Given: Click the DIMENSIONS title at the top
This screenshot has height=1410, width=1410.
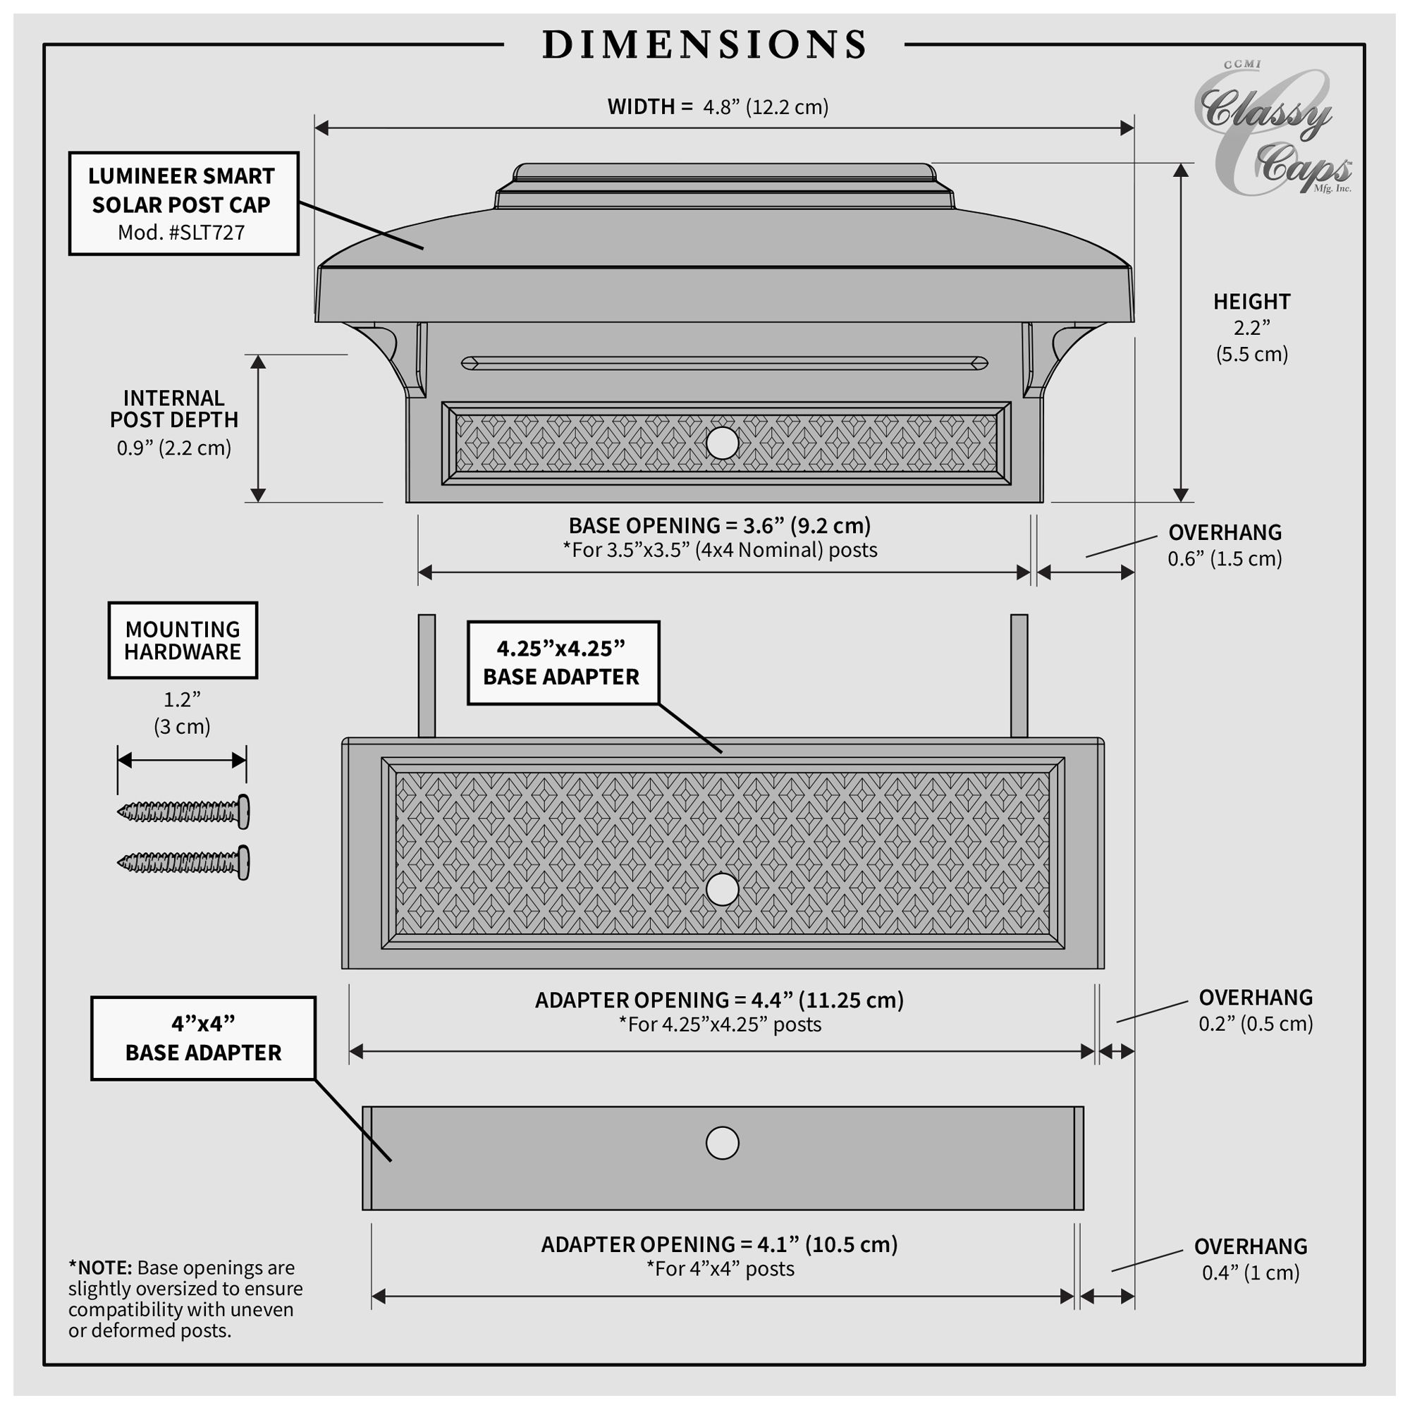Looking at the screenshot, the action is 705,44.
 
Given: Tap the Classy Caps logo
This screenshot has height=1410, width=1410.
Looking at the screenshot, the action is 1271,129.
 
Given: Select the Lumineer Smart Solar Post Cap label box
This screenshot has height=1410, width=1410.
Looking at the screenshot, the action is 184,204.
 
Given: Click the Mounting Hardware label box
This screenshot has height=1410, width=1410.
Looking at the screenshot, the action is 183,640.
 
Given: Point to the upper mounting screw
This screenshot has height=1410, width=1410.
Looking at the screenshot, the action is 183,811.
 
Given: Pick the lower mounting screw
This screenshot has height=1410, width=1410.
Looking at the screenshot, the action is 183,862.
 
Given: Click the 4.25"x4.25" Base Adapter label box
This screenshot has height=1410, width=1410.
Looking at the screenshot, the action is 563,663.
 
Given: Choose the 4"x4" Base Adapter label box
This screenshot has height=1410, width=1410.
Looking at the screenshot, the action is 203,1038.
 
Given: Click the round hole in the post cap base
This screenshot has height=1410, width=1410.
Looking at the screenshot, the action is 723,443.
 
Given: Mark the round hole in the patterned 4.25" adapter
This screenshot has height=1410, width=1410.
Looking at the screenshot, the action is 722,890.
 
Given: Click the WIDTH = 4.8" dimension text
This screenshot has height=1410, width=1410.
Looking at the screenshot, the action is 718,106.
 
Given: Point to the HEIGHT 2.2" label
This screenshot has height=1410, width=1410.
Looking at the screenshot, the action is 1251,328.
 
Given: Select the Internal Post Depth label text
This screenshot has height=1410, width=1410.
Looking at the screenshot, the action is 173,409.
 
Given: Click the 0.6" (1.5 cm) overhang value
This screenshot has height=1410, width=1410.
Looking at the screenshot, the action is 1225,559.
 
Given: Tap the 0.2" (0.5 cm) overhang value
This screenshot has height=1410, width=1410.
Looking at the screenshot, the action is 1256,1023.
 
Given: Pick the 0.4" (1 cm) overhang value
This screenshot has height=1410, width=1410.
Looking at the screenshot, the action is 1251,1272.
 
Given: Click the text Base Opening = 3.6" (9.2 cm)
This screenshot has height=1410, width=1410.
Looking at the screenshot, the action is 720,525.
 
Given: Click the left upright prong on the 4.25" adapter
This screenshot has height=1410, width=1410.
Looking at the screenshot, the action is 427,676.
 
